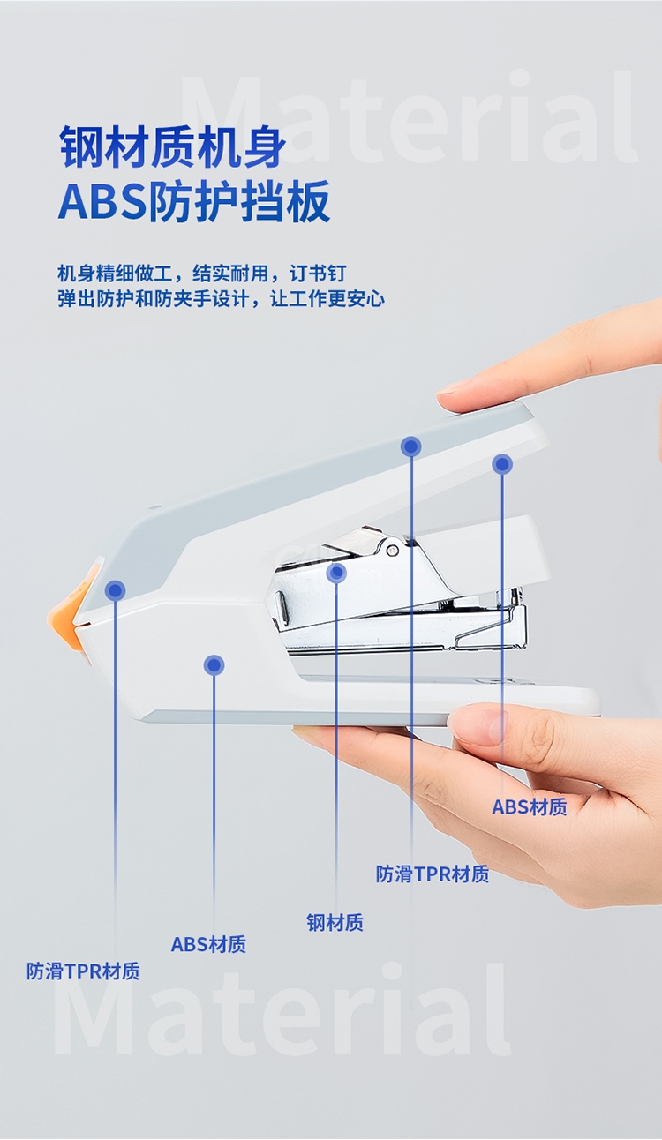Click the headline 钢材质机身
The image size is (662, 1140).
click(x=173, y=147)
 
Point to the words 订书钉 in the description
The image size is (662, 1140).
click(x=318, y=274)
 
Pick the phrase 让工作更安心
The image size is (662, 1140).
click(x=327, y=299)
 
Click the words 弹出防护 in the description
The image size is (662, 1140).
click(x=87, y=299)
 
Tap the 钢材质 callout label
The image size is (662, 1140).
click(x=335, y=923)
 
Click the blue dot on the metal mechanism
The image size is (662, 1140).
click(x=336, y=573)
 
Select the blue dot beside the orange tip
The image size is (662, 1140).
click(x=116, y=590)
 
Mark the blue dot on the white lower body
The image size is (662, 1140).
click(x=214, y=665)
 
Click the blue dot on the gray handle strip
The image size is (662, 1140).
click(x=411, y=446)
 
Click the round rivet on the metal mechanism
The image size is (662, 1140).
click(x=392, y=550)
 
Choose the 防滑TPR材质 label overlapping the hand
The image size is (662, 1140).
click(x=433, y=874)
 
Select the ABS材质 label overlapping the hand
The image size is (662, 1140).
click(x=529, y=806)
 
